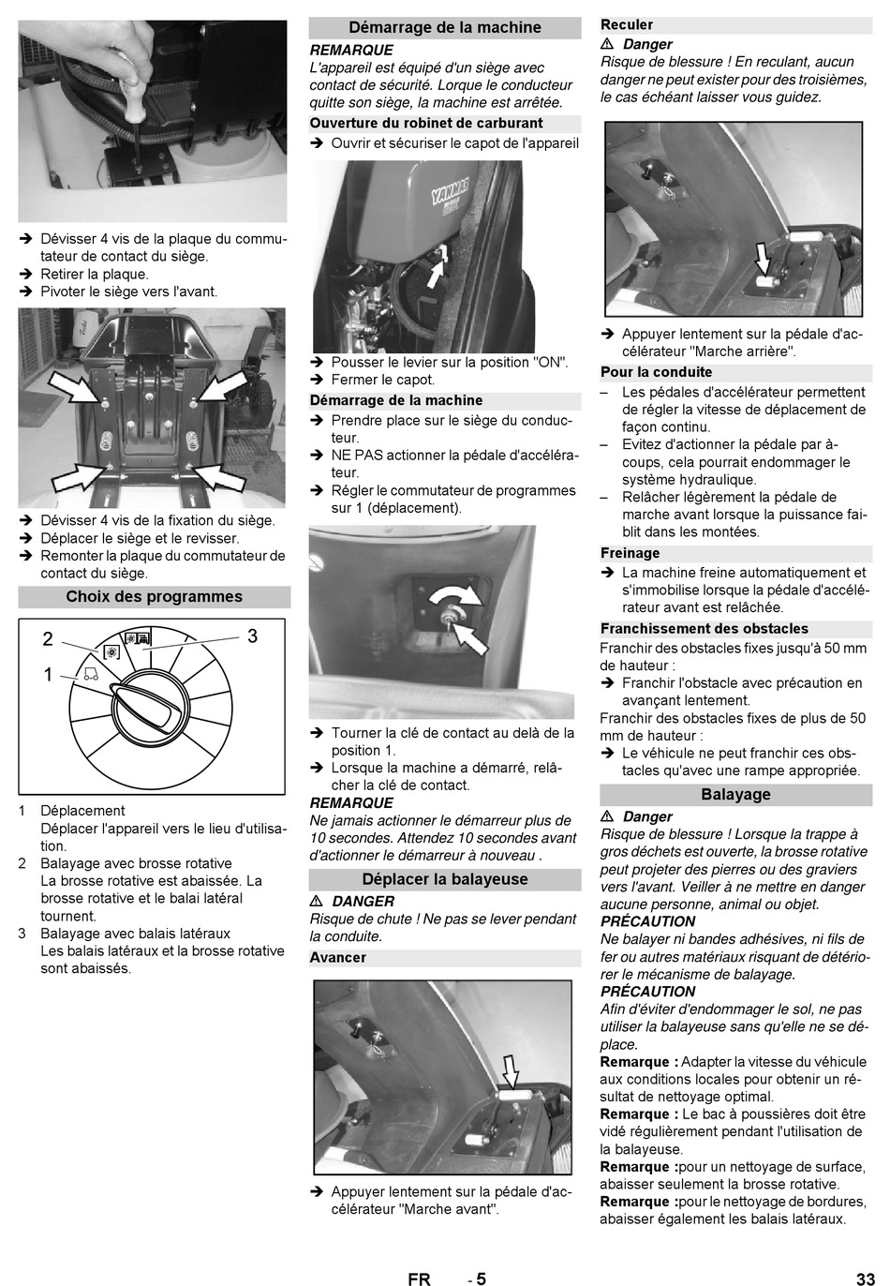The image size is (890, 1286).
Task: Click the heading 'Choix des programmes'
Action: (x=154, y=596)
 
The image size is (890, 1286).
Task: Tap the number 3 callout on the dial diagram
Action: (x=253, y=636)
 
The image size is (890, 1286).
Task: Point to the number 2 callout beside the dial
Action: (x=48, y=639)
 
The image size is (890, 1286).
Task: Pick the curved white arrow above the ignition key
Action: (x=456, y=597)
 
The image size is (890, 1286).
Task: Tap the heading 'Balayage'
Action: (x=735, y=795)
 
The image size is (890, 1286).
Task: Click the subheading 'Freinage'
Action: (x=630, y=553)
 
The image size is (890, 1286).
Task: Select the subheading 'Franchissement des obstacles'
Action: (x=705, y=629)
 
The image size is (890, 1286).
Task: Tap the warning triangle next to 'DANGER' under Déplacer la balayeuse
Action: (x=316, y=902)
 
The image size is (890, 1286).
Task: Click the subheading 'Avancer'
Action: (x=337, y=958)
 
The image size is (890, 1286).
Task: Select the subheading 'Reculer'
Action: (x=627, y=24)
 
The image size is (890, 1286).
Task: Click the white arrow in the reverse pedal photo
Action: (x=762, y=259)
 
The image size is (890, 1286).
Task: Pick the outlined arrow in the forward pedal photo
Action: (x=511, y=1071)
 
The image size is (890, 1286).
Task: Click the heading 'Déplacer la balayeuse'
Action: (x=445, y=879)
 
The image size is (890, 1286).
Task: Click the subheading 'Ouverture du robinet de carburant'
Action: (x=425, y=124)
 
